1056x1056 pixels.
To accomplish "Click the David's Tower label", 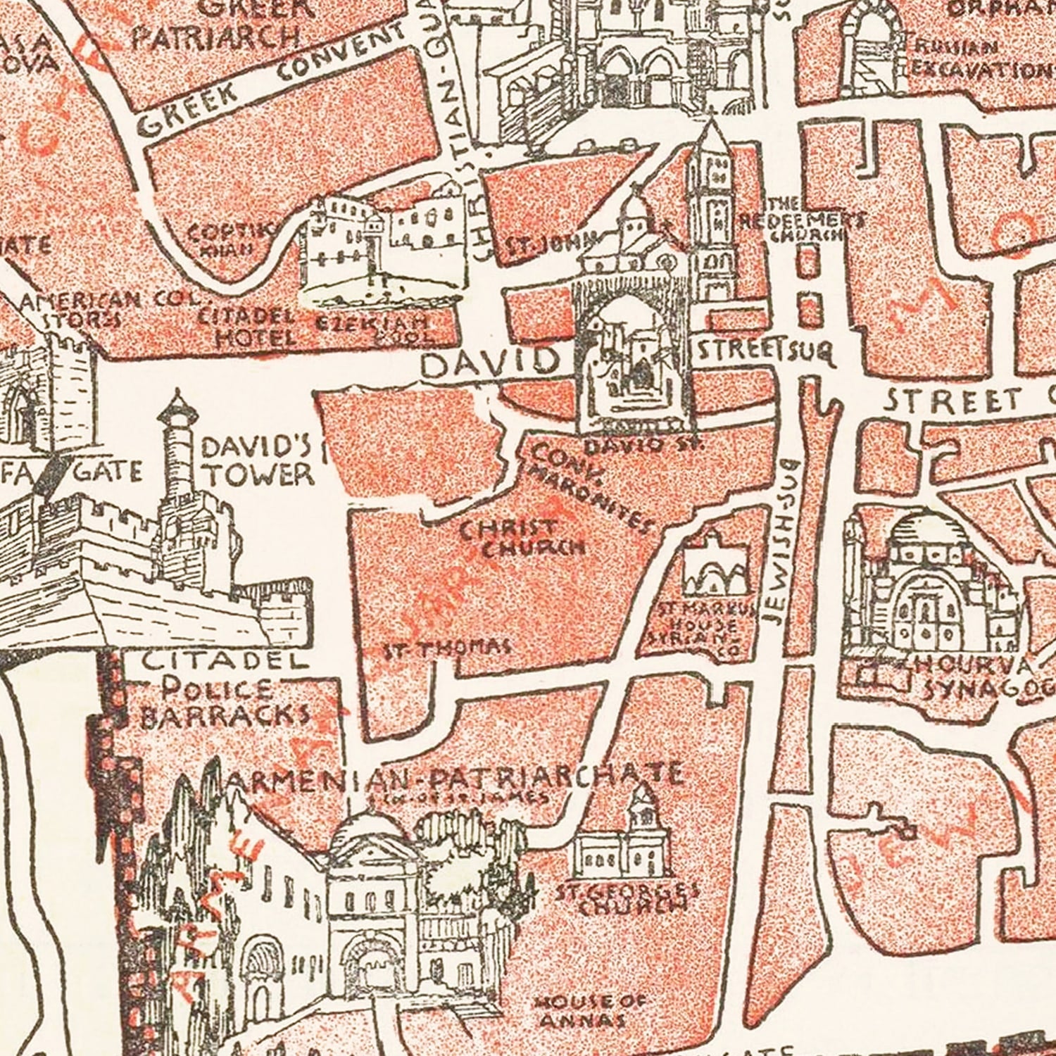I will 257,461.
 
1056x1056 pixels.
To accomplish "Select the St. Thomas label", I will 446,648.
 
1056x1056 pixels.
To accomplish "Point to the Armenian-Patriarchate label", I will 451,778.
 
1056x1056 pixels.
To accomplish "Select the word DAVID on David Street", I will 489,363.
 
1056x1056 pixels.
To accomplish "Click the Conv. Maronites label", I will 588,486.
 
